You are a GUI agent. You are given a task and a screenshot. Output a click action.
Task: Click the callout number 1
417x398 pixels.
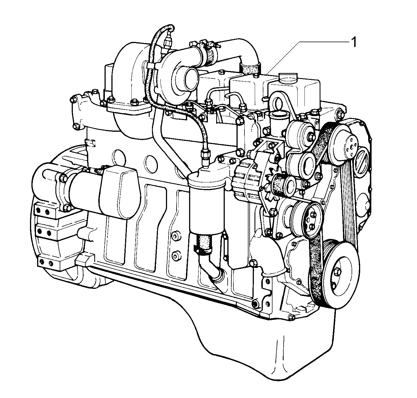pyautogui.click(x=354, y=43)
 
